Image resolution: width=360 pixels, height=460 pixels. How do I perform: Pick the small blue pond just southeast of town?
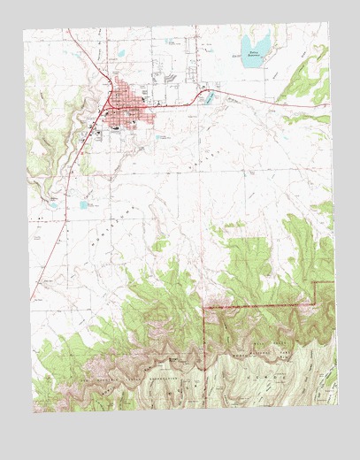tap(162, 138)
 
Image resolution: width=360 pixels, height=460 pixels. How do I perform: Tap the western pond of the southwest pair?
tap(84, 205)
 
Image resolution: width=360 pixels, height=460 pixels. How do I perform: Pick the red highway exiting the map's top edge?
tap(71, 32)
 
